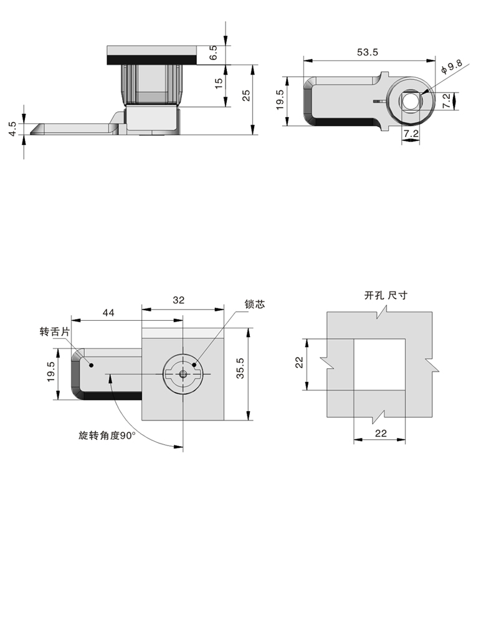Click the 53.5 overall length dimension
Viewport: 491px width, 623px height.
click(x=368, y=53)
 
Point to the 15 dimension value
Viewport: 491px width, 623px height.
click(x=219, y=83)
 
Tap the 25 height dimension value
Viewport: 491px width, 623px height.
click(x=246, y=95)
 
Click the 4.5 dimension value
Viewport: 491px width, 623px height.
click(x=12, y=129)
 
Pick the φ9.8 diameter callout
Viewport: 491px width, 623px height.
click(x=450, y=67)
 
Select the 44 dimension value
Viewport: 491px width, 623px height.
click(x=107, y=313)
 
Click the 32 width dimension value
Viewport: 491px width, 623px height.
click(x=178, y=300)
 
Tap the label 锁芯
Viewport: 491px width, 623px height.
click(x=255, y=305)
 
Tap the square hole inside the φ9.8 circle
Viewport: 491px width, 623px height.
click(x=410, y=100)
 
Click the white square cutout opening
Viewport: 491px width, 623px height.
click(x=380, y=364)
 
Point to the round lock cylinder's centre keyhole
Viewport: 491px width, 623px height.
click(x=183, y=374)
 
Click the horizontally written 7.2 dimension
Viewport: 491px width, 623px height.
click(x=410, y=133)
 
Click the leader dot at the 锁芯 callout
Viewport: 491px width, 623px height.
click(x=194, y=365)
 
